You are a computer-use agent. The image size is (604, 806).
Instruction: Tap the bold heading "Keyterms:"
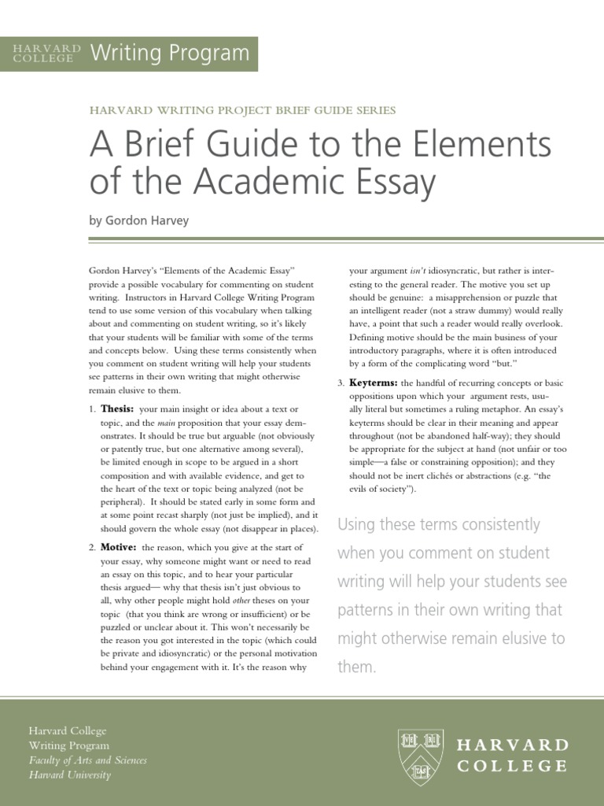pos(374,383)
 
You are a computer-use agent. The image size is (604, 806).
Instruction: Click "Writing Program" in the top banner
pos(170,54)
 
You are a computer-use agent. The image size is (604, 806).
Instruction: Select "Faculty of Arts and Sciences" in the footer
pos(87,760)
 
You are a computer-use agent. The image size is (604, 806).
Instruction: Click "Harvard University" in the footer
pos(70,775)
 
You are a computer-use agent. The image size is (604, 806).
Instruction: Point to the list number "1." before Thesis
pos(92,410)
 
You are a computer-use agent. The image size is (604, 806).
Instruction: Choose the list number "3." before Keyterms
pos(341,383)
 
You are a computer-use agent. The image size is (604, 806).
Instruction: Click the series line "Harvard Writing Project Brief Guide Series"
pos(242,110)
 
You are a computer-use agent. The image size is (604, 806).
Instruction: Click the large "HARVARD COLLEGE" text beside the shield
pos(513,755)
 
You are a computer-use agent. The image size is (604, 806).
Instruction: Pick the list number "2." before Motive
pos(92,547)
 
